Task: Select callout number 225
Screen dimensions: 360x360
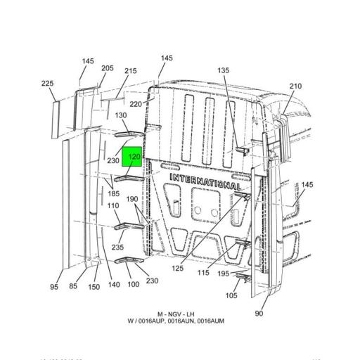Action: pyautogui.click(x=47, y=84)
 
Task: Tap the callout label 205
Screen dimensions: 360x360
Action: pyautogui.click(x=107, y=68)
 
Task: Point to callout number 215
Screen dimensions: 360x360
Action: pyautogui.click(x=130, y=71)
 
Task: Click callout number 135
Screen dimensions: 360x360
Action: pyautogui.click(x=223, y=70)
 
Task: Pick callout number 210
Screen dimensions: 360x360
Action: pyautogui.click(x=295, y=86)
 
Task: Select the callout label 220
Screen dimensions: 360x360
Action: pyautogui.click(x=135, y=104)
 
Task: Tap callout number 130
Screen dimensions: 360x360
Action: pyautogui.click(x=121, y=116)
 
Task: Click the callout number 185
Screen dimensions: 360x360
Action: pyautogui.click(x=113, y=193)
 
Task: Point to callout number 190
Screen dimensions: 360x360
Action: pyautogui.click(x=132, y=199)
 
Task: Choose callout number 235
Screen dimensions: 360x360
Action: pyautogui.click(x=117, y=247)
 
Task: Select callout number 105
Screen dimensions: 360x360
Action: pyautogui.click(x=231, y=295)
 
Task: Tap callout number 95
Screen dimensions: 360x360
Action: pyautogui.click(x=54, y=286)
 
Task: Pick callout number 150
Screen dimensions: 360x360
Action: pyautogui.click(x=94, y=286)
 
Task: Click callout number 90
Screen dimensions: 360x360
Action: pyautogui.click(x=259, y=313)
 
